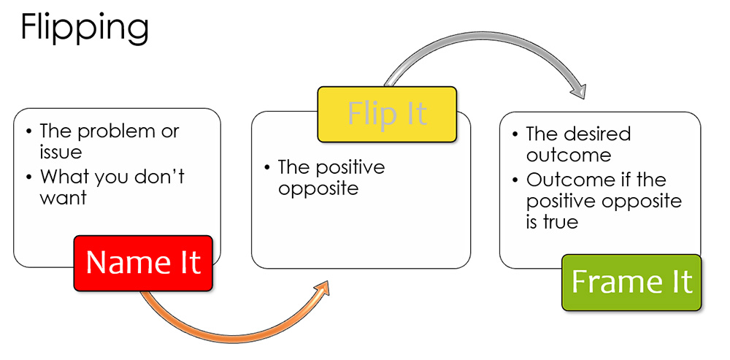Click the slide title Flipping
pos(85,28)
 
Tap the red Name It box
pos(143,262)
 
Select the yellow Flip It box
pos(387,114)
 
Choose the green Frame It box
pos(631,282)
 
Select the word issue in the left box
pos(60,152)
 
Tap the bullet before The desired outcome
pos(515,135)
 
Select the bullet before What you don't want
pos(29,176)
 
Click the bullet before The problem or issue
pos(29,131)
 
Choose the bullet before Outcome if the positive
pos(515,180)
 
